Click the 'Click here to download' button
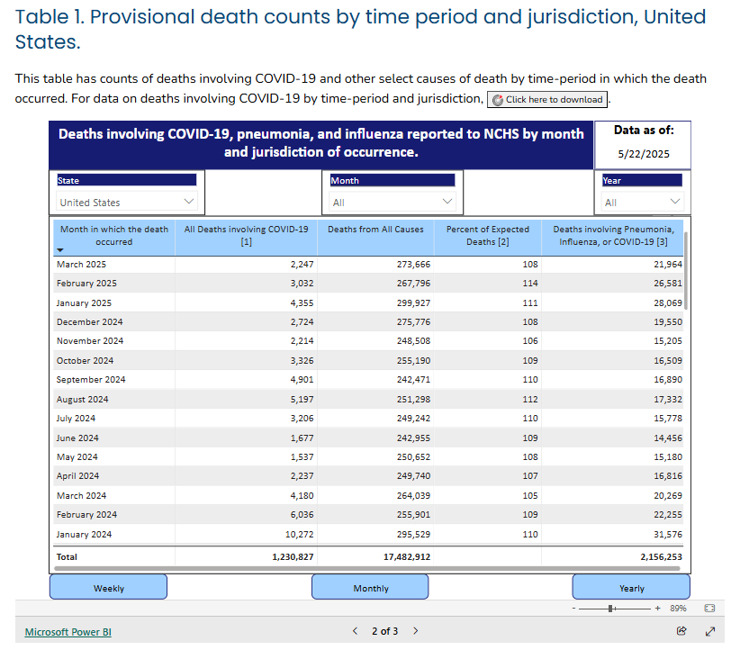(547, 99)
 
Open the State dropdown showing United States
(127, 202)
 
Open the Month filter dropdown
(393, 202)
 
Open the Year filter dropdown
(643, 202)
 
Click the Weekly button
(108, 587)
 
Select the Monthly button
(370, 587)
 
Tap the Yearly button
(631, 587)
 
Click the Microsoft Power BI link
(68, 632)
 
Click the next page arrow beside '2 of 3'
(416, 631)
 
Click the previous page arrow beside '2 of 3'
(355, 631)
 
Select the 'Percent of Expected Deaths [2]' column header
(488, 236)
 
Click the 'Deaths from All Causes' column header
(375, 230)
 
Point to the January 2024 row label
(84, 535)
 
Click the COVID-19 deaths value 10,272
(299, 535)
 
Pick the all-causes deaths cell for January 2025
(414, 302)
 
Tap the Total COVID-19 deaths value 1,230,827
(293, 556)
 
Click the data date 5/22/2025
(644, 154)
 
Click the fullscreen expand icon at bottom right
(710, 631)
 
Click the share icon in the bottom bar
(681, 631)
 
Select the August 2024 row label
(82, 399)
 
